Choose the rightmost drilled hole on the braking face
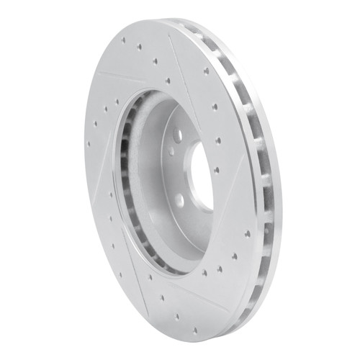(x=248, y=234)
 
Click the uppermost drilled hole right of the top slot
(x=205, y=71)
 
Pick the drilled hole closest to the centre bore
(x=217, y=170)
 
